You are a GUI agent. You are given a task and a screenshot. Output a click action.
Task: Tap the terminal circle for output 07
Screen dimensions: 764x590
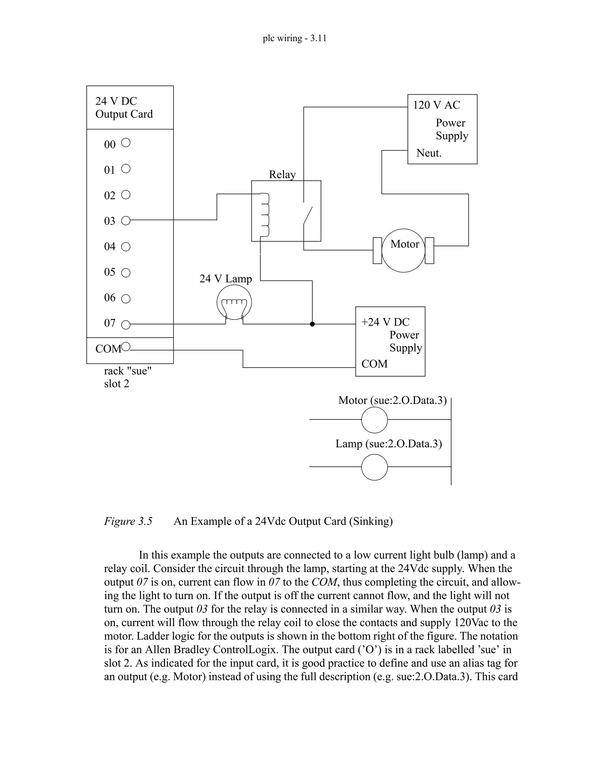[x=126, y=325]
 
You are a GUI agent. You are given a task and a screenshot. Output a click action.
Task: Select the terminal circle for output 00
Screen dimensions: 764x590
[x=126, y=143]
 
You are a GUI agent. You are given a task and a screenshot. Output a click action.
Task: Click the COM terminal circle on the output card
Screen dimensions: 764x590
[x=126, y=347]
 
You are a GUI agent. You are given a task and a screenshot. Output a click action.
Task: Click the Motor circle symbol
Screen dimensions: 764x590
[x=403, y=251]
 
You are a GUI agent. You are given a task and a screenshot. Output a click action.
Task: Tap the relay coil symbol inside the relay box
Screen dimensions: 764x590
[x=265, y=215]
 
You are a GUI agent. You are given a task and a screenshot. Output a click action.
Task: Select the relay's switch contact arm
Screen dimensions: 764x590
[x=308, y=215]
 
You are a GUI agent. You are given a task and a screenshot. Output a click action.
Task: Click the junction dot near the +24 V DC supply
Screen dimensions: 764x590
[x=313, y=324]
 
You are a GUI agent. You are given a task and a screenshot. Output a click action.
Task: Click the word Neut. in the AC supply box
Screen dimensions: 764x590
[x=429, y=153]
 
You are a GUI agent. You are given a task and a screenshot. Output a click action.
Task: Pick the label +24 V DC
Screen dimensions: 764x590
[x=385, y=322]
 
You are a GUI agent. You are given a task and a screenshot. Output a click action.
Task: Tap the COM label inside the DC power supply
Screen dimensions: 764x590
[x=374, y=364]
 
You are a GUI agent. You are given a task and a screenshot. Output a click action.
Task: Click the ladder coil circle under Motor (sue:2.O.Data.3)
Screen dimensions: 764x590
[x=374, y=420]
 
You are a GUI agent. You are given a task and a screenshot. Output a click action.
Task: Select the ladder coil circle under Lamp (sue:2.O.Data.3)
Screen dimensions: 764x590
[x=374, y=467]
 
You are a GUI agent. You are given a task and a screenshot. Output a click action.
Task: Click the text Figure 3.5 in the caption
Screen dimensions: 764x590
[x=128, y=521]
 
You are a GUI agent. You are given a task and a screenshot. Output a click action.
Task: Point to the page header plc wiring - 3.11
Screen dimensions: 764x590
[x=295, y=38]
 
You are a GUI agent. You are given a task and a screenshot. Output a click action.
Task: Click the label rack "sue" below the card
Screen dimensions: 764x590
[x=128, y=371]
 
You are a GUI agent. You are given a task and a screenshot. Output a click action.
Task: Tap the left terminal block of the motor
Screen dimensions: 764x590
[x=377, y=251]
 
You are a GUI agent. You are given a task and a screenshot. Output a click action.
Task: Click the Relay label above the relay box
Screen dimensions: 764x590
[x=282, y=174]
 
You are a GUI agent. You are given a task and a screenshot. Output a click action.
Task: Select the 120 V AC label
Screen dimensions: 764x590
[x=436, y=105]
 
